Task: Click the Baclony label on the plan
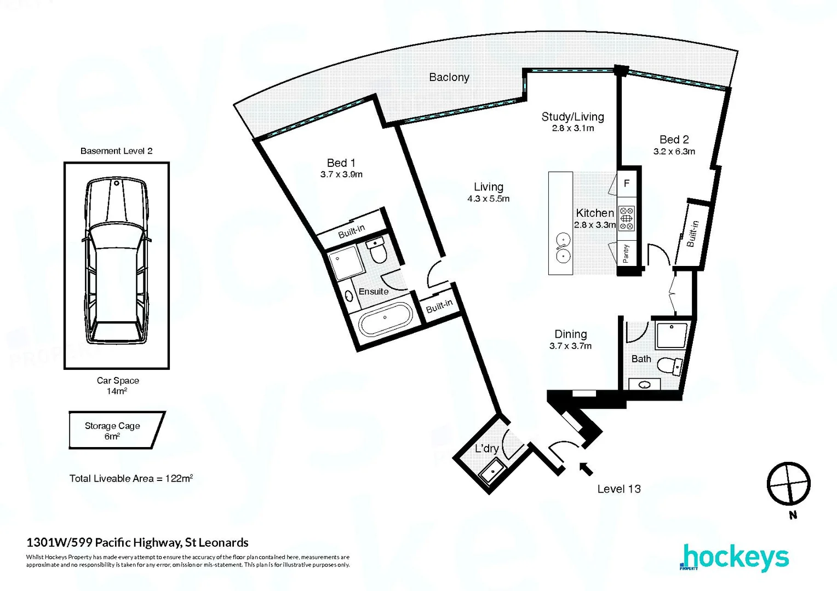pos(449,77)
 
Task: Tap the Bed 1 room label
pos(341,163)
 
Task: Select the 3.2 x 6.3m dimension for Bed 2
pos(674,152)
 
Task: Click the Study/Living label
pos(572,117)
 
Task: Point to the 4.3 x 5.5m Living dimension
pos(488,199)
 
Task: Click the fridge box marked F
pos(627,184)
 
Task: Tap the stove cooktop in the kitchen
pos(626,218)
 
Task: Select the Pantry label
pos(626,253)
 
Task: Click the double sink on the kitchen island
pos(561,247)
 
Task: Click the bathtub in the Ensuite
pos(385,318)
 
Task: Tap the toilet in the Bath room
pos(669,366)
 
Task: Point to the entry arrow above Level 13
pos(586,468)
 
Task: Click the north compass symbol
pos(788,484)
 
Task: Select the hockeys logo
pos(735,558)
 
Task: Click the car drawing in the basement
pos(117,261)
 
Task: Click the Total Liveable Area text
pos(131,478)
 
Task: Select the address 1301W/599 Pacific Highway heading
pos(137,543)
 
